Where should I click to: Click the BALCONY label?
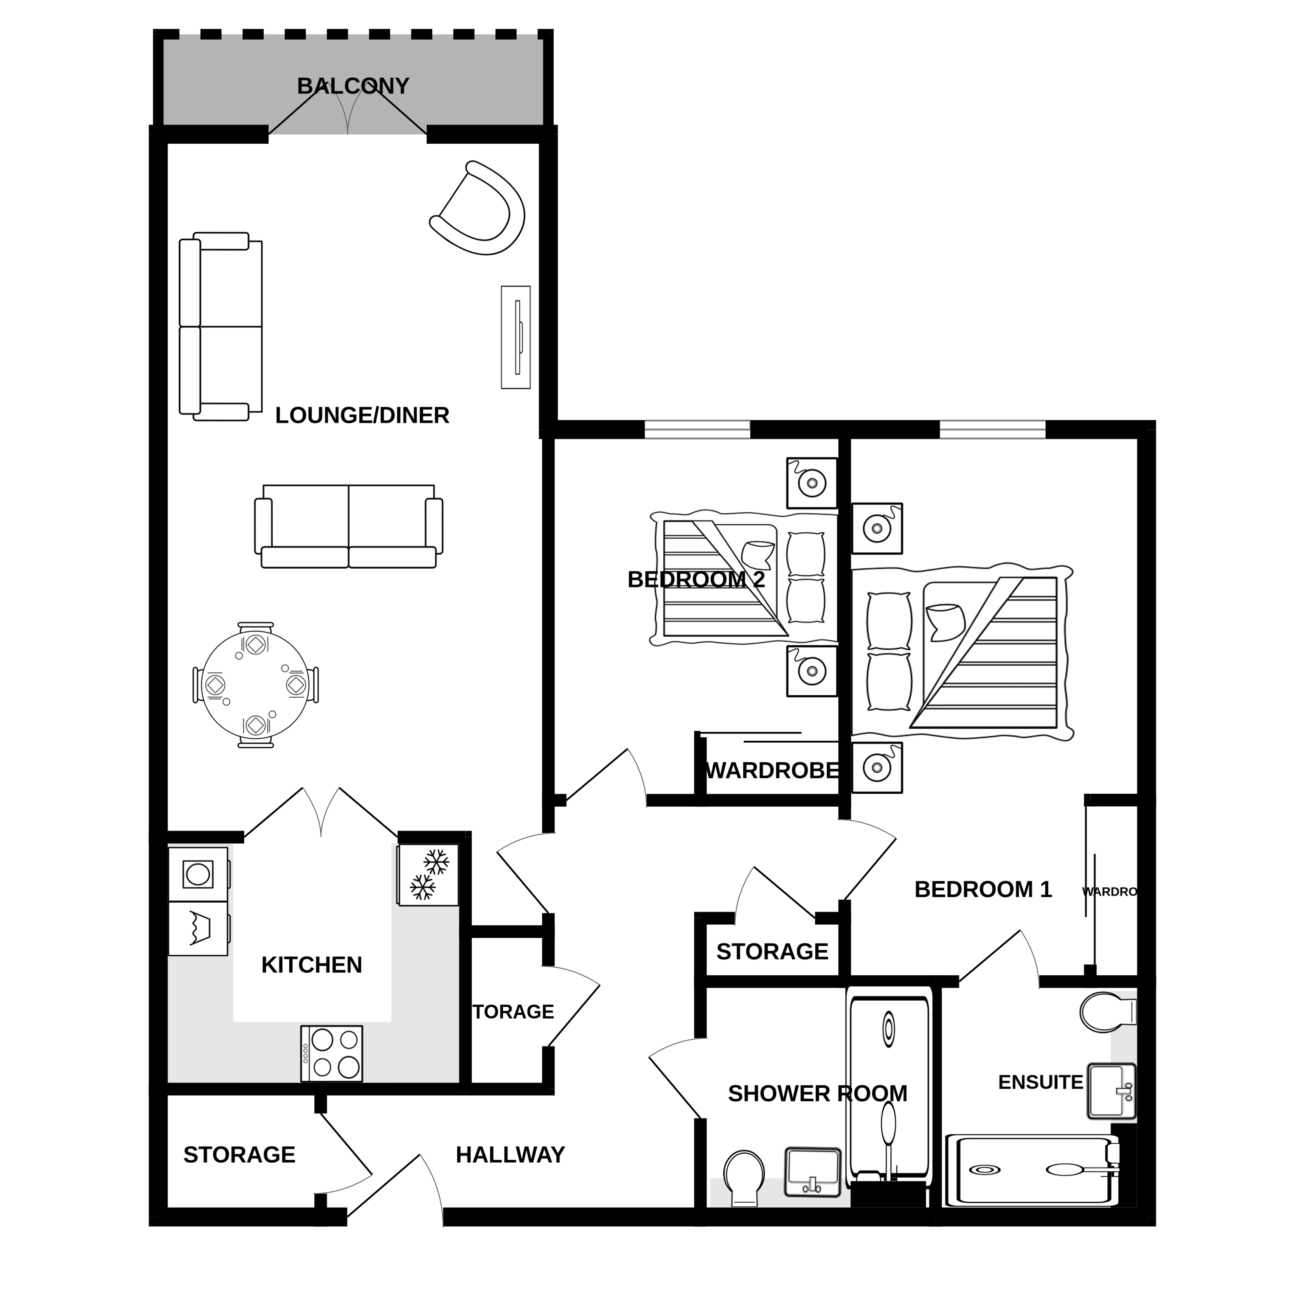click(353, 86)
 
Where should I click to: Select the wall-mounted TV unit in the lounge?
click(515, 337)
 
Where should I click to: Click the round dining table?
click(256, 685)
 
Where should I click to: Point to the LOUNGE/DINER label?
click(362, 415)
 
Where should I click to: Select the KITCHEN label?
click(311, 965)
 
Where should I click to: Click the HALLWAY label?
click(510, 1155)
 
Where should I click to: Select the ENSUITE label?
click(1040, 1082)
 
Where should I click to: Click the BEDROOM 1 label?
click(983, 890)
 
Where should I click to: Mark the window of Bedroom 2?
click(697, 429)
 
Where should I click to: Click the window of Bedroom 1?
click(992, 429)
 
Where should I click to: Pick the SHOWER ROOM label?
click(817, 1093)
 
